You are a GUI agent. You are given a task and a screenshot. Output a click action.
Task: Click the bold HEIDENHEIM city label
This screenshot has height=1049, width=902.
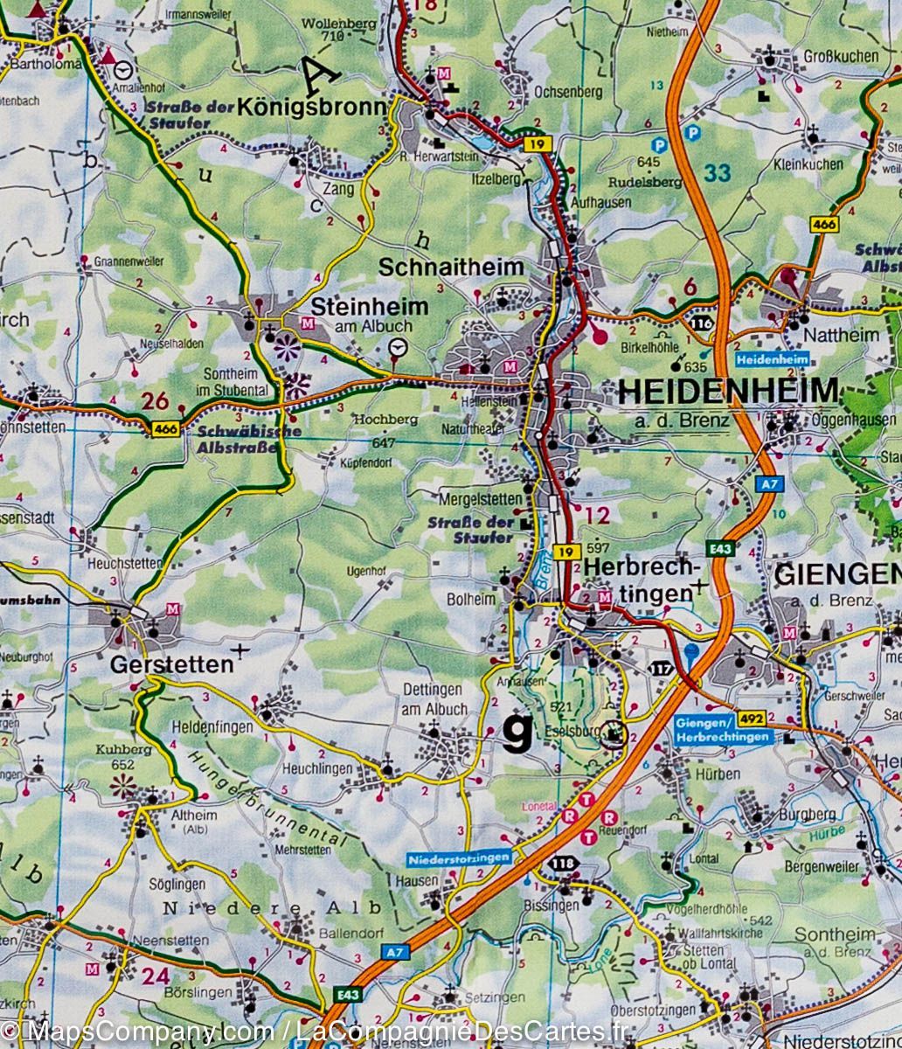pyautogui.click(x=727, y=391)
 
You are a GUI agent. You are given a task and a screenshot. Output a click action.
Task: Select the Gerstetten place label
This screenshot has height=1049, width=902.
pyautogui.click(x=172, y=665)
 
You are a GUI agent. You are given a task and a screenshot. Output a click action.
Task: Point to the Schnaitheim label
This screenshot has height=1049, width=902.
pyautogui.click(x=451, y=267)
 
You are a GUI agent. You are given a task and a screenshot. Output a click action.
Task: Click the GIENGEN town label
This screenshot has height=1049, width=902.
pyautogui.click(x=837, y=574)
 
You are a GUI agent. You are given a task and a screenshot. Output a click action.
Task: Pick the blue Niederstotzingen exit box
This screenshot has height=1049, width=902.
pyautogui.click(x=458, y=858)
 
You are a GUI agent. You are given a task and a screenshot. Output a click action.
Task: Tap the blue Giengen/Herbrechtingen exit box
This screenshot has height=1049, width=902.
pyautogui.click(x=723, y=730)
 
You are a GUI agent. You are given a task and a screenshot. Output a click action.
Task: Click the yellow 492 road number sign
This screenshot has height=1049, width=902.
pyautogui.click(x=751, y=718)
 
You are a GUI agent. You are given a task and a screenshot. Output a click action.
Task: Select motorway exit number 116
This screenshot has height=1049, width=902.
pyautogui.click(x=700, y=323)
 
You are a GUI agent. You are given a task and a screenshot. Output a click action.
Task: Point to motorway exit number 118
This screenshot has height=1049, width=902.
pyautogui.click(x=562, y=864)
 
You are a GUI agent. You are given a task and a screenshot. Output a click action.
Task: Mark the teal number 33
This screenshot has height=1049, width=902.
pyautogui.click(x=717, y=173)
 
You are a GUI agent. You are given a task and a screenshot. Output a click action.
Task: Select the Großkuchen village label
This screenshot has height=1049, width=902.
pyautogui.click(x=838, y=56)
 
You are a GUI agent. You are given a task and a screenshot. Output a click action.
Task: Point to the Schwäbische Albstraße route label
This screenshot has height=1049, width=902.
pyautogui.click(x=237, y=439)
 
